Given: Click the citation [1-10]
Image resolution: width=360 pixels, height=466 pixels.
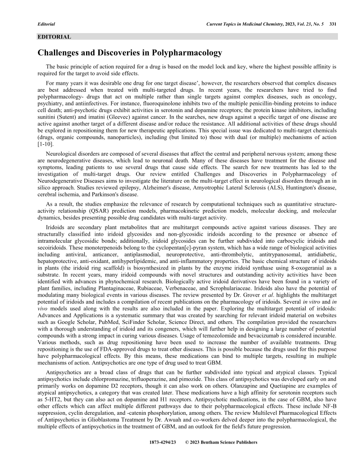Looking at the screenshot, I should tap(45, 145).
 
